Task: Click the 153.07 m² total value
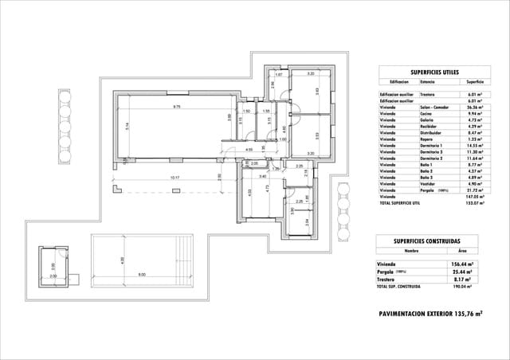(x=475, y=204)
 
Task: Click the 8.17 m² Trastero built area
(x=463, y=280)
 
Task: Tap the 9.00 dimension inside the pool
(x=142, y=275)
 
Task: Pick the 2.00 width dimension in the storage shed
(x=53, y=276)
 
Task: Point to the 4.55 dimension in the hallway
(x=249, y=149)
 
